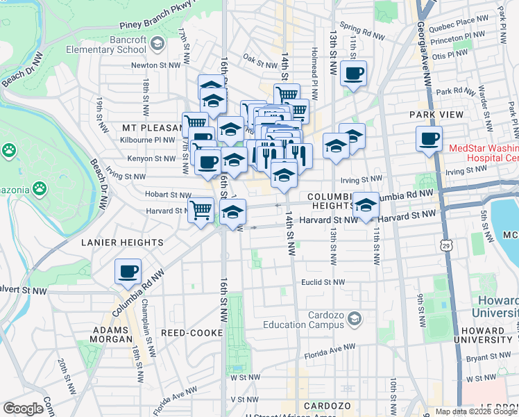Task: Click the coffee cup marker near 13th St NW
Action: (353, 73)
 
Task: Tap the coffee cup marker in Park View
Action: (429, 138)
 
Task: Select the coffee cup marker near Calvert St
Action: (128, 272)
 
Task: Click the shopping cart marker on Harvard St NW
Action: (201, 209)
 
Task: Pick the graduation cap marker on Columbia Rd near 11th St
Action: (366, 205)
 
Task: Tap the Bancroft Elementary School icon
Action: (158, 44)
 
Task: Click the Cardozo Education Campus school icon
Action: (355, 319)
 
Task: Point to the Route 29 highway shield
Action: (445, 244)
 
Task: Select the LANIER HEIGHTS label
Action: (122, 243)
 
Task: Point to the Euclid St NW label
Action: (323, 282)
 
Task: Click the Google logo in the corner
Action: (24, 409)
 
